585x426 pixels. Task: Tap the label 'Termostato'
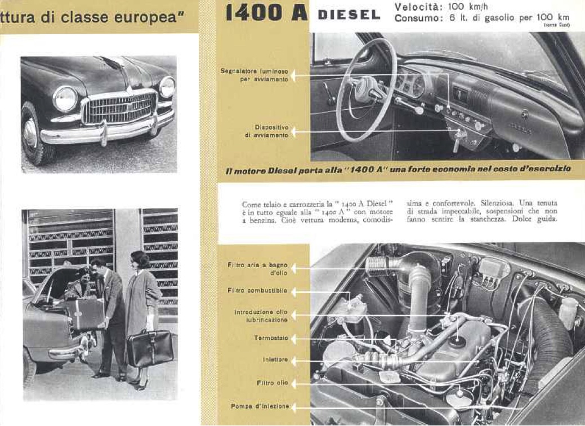[271, 338]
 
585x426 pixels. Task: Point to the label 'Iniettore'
[275, 360]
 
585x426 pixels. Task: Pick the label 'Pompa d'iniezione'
[260, 406]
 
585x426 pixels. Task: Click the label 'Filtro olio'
[273, 383]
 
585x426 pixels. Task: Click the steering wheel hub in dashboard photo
[368, 89]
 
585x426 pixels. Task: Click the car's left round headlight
[65, 99]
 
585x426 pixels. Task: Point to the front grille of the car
[119, 108]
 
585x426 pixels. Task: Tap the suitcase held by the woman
[150, 348]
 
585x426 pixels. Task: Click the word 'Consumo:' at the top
[417, 18]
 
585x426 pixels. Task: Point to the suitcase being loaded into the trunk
[84, 313]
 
